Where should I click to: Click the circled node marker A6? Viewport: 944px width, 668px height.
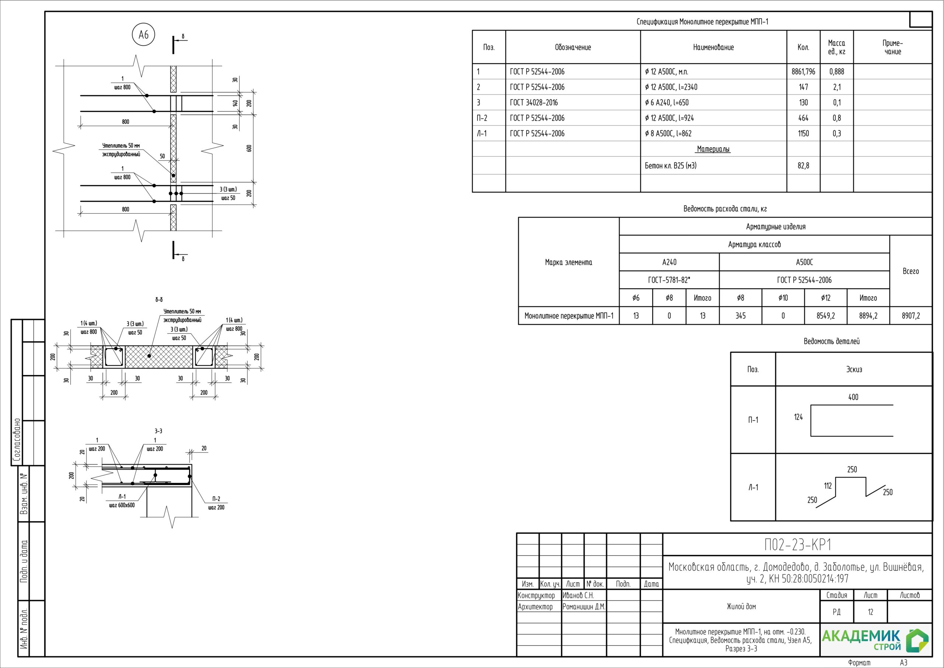click(x=143, y=35)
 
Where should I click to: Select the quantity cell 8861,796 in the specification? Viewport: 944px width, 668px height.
click(x=803, y=72)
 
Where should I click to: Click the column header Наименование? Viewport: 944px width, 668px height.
click(x=713, y=47)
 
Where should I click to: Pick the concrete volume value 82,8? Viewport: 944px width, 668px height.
click(x=803, y=165)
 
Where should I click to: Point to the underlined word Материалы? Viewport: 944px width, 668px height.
click(x=713, y=149)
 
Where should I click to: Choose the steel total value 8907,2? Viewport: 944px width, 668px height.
click(x=911, y=316)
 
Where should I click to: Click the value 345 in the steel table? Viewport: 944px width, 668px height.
click(x=740, y=316)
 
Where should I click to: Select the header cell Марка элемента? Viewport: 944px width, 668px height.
click(x=568, y=262)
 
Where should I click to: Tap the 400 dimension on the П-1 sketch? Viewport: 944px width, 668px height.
click(x=853, y=397)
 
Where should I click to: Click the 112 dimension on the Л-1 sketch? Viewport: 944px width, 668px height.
click(x=827, y=486)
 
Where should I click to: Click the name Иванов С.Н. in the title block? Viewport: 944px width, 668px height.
click(x=578, y=595)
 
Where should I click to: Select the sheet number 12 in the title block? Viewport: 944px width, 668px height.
click(x=870, y=612)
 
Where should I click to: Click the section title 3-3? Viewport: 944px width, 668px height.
click(x=158, y=431)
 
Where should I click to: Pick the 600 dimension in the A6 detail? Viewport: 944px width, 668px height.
click(x=249, y=148)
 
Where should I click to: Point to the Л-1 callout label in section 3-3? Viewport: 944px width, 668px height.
click(x=122, y=496)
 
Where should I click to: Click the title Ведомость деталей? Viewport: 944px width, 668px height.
click(x=831, y=341)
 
